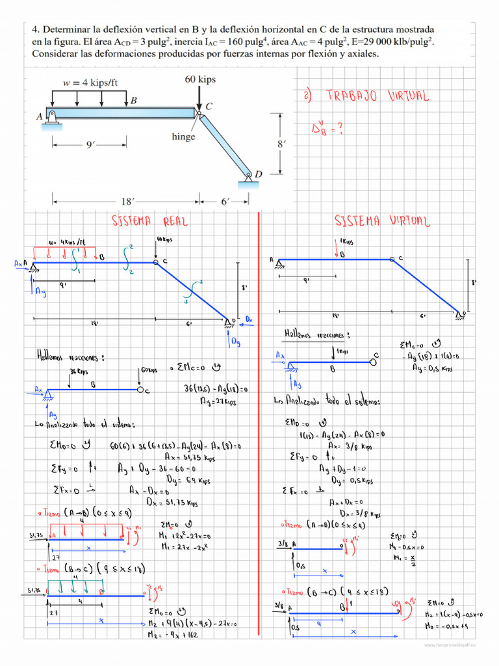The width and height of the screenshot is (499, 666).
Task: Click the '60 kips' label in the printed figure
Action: [x=200, y=79]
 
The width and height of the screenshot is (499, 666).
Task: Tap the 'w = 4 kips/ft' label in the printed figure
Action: [x=90, y=83]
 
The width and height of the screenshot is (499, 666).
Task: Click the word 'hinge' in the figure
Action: [x=183, y=137]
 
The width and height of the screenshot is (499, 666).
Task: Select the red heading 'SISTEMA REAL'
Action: [x=151, y=221]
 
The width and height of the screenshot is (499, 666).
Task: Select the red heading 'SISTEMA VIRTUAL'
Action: [x=382, y=221]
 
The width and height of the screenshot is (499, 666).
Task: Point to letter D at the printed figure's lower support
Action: [x=258, y=174]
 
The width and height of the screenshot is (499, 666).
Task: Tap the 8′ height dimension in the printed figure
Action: [x=281, y=144]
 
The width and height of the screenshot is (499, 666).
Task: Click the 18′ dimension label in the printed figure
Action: [x=126, y=202]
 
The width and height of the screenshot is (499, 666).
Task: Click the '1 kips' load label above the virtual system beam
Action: [x=345, y=242]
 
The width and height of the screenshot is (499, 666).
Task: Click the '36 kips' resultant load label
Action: [x=79, y=371]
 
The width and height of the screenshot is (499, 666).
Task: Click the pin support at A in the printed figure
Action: [x=51, y=116]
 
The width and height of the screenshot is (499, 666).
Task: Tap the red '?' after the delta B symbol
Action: [x=339, y=129]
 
